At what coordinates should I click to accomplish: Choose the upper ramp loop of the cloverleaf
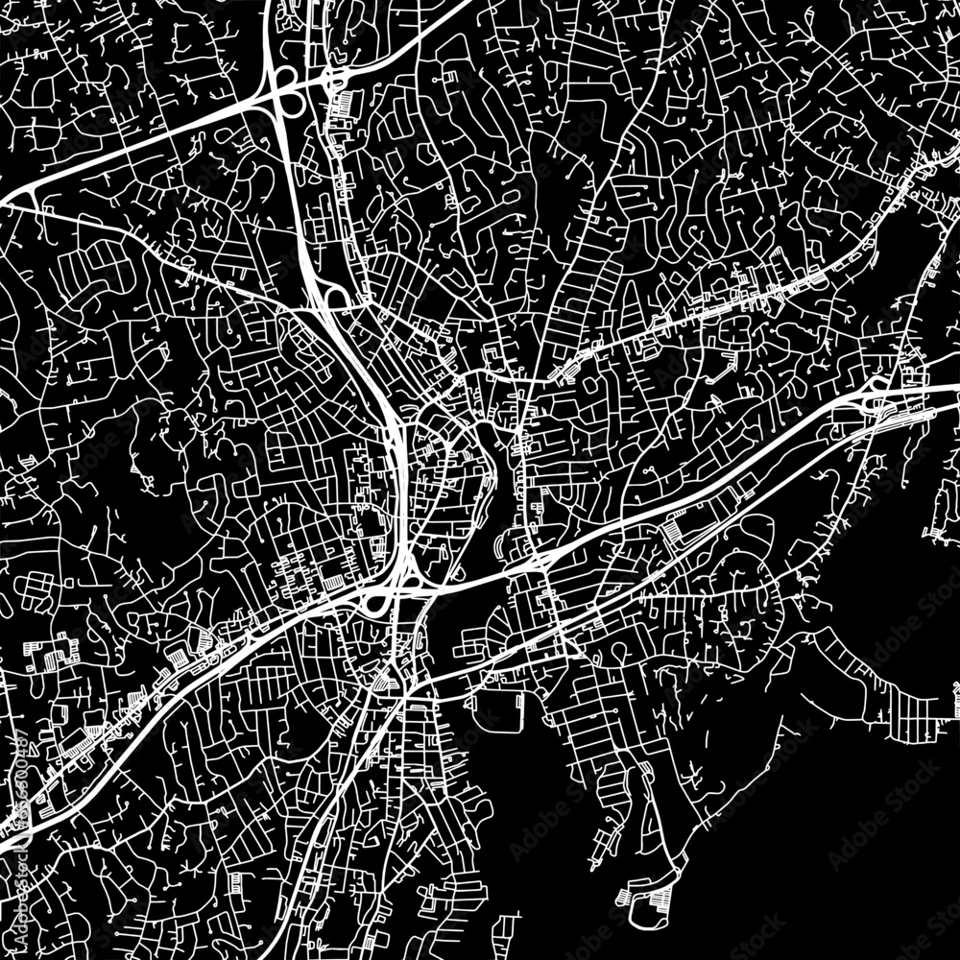pos(285,75)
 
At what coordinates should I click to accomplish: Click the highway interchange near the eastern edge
pos(878,394)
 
